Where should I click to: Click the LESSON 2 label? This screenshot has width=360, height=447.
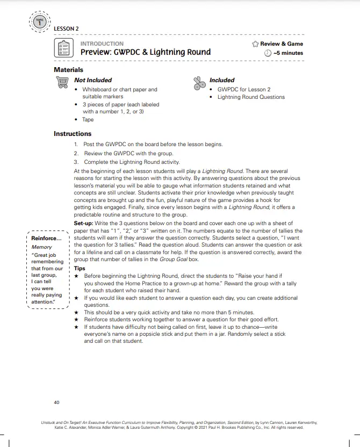(x=66, y=28)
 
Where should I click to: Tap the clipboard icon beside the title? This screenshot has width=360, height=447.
(x=63, y=48)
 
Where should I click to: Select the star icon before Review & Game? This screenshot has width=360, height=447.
(x=255, y=44)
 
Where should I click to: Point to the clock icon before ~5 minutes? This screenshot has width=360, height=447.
(x=268, y=53)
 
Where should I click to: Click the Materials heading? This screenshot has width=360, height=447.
(x=68, y=70)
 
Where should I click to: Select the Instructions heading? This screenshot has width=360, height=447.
(x=73, y=134)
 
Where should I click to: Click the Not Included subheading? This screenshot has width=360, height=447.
(x=92, y=80)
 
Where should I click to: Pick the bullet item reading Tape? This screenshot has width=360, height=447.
(x=88, y=120)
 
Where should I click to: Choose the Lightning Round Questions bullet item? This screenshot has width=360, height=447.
(x=251, y=97)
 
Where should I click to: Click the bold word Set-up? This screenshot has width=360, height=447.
(x=84, y=223)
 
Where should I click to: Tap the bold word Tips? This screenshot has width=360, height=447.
(x=80, y=268)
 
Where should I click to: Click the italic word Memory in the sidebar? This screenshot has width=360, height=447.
(x=42, y=247)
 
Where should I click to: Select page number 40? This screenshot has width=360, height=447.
(x=56, y=402)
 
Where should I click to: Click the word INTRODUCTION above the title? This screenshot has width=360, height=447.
(x=102, y=44)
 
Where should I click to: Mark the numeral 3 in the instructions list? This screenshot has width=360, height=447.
(x=76, y=162)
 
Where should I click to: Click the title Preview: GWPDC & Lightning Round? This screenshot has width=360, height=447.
(x=145, y=53)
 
